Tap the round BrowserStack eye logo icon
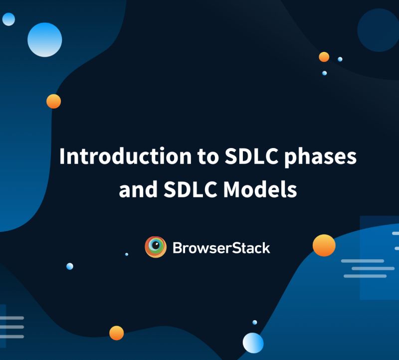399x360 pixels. pyautogui.click(x=155, y=247)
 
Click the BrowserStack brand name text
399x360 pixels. pyautogui.click(x=221, y=247)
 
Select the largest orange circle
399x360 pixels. pyautogui.click(x=324, y=245)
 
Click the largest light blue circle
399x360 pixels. pyautogui.click(x=44, y=39)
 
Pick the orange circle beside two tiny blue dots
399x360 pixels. pyautogui.click(x=324, y=57)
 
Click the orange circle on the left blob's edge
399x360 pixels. pyautogui.click(x=53, y=101)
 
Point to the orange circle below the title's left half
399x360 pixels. pyautogui.click(x=116, y=333)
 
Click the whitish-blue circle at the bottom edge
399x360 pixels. pyautogui.click(x=253, y=343)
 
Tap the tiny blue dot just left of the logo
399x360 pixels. pyautogui.click(x=127, y=254)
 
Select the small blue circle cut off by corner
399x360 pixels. pyautogui.click(x=8, y=19)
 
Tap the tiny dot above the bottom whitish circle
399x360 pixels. pyautogui.click(x=255, y=323)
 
